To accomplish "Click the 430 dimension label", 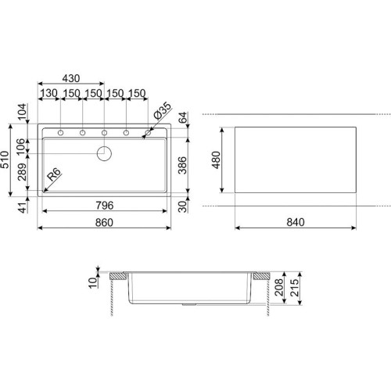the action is tap(71, 78).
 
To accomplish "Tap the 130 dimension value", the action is tap(48, 93).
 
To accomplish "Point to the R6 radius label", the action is tap(54, 174).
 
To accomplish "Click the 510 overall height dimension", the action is tap(5, 160).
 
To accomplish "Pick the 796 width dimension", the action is tap(105, 206).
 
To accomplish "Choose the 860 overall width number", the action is tap(104, 223).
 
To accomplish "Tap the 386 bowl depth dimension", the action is tap(182, 165).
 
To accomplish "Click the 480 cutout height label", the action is tap(216, 160).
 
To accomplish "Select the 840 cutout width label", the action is tap(296, 222).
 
